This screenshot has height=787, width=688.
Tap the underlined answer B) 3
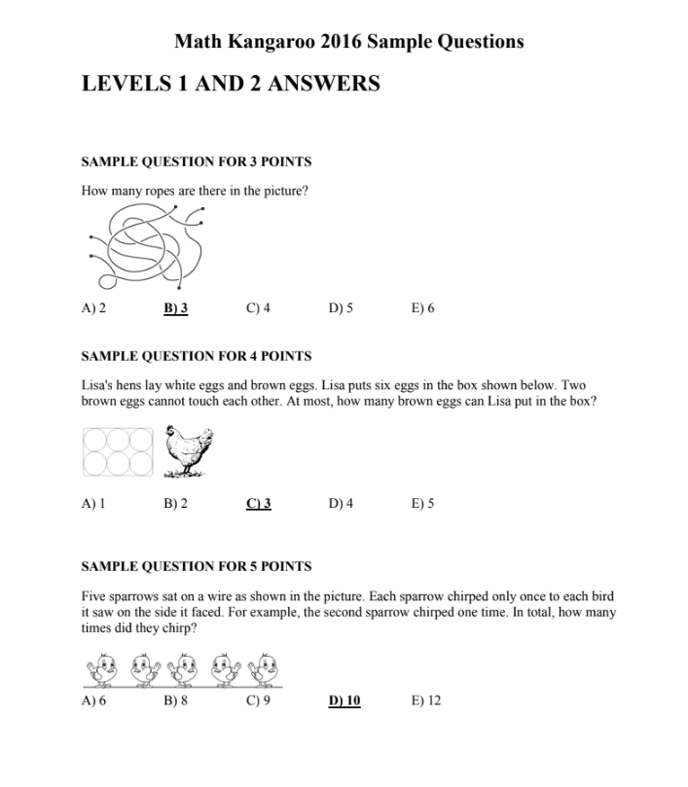pos(175,308)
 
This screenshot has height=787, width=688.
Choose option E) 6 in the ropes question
pos(422,308)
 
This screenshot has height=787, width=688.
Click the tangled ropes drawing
pos(145,246)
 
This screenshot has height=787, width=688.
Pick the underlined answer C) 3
pos(258,503)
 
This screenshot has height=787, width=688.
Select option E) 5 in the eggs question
pos(422,503)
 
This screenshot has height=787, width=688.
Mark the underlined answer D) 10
pos(344,699)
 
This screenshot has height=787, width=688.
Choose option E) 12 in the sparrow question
pos(426,699)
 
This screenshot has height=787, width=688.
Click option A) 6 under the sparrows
pos(93,699)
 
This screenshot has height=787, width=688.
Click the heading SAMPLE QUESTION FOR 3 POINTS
pos(196,161)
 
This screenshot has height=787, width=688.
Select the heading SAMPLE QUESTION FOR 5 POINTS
pos(196,565)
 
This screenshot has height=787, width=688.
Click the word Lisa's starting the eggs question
pos(96,385)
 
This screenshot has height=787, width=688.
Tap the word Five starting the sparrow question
pos(94,595)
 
